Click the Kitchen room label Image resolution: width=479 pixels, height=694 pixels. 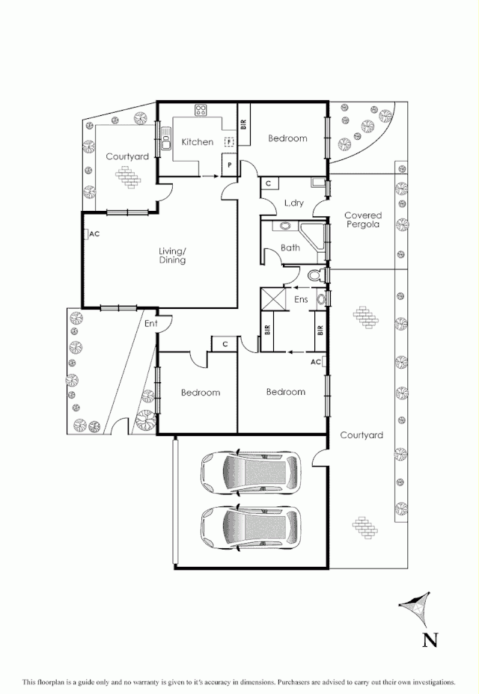click(198, 142)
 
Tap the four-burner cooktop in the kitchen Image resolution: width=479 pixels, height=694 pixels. click(201, 111)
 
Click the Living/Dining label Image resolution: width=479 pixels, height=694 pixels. click(172, 255)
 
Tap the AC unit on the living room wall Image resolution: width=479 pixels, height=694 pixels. click(87, 234)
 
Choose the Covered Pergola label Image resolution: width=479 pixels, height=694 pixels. click(362, 220)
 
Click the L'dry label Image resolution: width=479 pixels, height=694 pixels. click(294, 203)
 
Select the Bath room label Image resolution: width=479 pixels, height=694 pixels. click(290, 248)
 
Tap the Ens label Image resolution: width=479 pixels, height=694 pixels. click(302, 300)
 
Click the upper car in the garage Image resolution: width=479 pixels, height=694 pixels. click(250, 471)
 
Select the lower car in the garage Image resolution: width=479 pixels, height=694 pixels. click(250, 527)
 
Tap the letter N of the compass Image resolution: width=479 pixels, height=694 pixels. click(430, 639)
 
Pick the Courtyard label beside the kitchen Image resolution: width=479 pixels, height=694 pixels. click(126, 156)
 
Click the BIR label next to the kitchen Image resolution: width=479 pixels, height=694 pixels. click(243, 126)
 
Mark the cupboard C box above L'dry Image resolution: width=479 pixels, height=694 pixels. click(268, 183)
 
